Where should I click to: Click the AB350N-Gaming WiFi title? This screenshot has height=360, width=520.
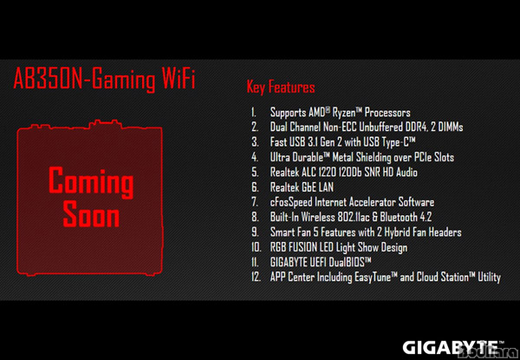pos(104,80)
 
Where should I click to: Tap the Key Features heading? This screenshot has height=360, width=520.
pos(281,88)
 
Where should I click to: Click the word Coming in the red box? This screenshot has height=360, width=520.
pos(91,182)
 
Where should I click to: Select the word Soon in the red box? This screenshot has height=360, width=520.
pos(91,214)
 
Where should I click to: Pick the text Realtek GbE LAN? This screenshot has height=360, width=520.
pos(302,187)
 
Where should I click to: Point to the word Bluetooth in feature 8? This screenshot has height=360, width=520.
pos(399,218)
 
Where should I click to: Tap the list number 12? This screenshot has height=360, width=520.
pos(256,277)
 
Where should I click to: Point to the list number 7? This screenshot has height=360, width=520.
pos(255,202)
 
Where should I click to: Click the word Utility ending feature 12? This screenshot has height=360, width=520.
pos(489,278)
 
